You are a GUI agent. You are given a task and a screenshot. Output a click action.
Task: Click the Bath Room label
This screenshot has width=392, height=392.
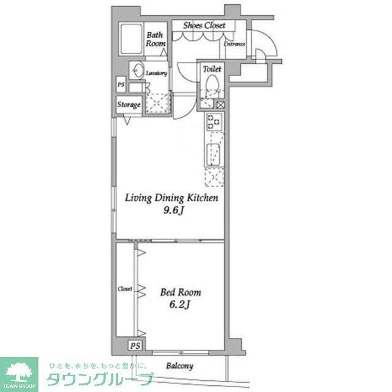(x=156, y=39)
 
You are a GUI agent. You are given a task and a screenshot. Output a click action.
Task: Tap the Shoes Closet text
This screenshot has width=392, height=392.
(x=205, y=25)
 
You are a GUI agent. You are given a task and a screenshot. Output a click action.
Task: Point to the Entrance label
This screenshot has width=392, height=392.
(x=234, y=44)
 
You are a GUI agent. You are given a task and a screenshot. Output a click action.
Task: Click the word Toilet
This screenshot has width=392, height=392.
(x=212, y=69)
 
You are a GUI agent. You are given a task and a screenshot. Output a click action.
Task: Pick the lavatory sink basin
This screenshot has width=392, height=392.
(x=137, y=69)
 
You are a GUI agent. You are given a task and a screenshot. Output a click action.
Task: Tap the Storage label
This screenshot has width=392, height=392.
(x=129, y=105)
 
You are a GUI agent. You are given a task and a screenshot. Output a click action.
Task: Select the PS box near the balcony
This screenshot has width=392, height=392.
(x=135, y=345)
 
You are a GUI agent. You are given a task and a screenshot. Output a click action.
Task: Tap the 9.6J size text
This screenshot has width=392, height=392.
(x=172, y=210)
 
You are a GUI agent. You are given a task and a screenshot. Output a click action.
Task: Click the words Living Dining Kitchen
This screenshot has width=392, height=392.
(x=172, y=198)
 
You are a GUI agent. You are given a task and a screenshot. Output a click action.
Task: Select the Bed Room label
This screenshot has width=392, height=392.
(x=181, y=293)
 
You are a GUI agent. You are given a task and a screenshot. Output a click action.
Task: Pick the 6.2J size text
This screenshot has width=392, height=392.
(x=181, y=304)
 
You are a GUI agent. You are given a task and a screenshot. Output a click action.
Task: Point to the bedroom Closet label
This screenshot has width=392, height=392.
(x=125, y=288)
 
